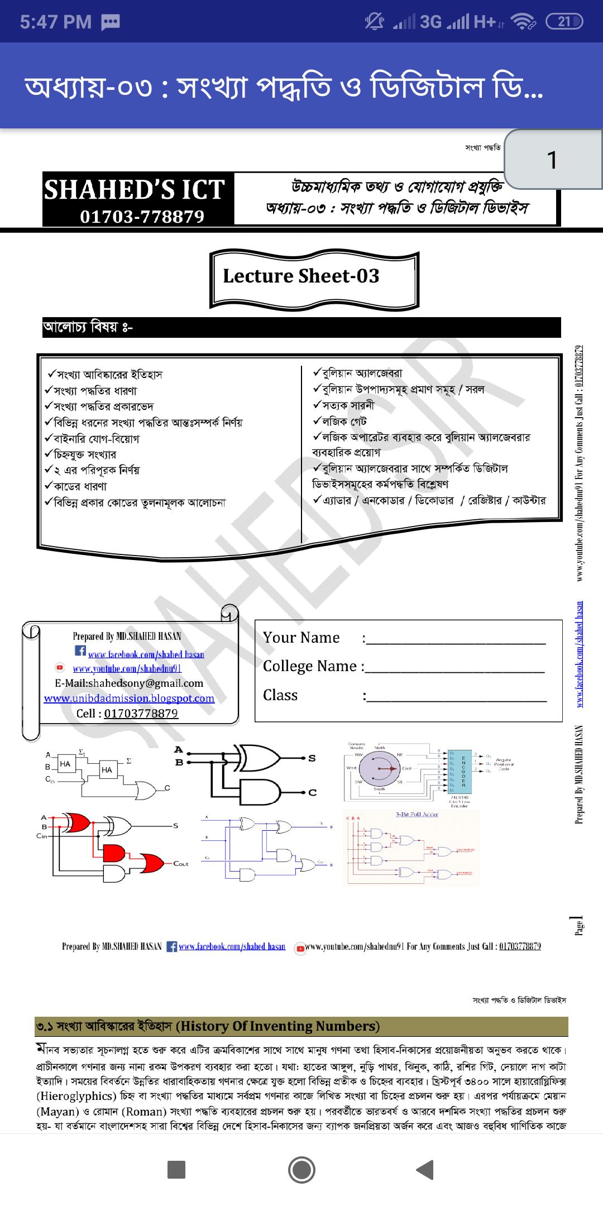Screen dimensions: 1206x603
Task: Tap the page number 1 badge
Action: pos(552,160)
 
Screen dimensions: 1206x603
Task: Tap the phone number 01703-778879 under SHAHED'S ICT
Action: pos(142,217)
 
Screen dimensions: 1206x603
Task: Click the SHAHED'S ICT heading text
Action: pos(135,190)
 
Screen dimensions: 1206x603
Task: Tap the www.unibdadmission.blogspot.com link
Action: pos(129,698)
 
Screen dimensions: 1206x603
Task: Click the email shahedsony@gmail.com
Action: pos(129,683)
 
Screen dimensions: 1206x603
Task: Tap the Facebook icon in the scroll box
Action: pos(80,651)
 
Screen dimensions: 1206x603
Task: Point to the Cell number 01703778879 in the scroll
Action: pos(141,714)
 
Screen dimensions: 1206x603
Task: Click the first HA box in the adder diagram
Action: pos(65,764)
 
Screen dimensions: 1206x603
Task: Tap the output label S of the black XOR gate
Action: pos(312,758)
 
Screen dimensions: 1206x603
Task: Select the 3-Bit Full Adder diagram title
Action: pos(417,815)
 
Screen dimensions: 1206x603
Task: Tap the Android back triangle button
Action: pos(425,1170)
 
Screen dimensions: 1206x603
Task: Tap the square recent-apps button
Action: pos(176,1170)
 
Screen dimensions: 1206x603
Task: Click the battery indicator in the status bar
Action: pos(563,22)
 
